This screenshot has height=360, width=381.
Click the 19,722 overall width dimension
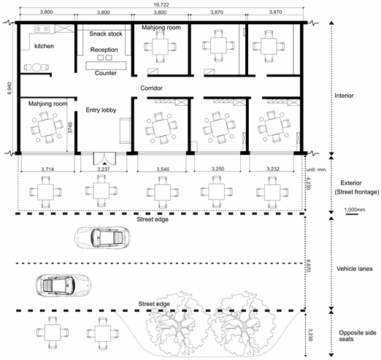tap(161, 4)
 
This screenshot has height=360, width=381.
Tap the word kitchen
tap(44, 46)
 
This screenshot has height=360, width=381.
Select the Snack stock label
tap(106, 34)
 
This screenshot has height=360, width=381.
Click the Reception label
tap(104, 50)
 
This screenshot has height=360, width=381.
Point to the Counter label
tap(106, 73)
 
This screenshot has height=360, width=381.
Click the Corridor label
tap(151, 88)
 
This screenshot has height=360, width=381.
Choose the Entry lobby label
tap(101, 110)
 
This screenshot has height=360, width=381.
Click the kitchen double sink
tap(42, 29)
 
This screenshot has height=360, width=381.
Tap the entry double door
tap(104, 158)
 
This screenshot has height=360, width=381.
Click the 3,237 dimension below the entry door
tap(104, 169)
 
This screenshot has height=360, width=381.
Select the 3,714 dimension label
tap(47, 169)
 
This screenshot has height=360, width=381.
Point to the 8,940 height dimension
tap(9, 88)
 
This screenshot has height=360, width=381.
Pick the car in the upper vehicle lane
tap(102, 238)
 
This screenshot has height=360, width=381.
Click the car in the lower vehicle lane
tap(64, 286)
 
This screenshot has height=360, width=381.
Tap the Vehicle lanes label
tap(355, 269)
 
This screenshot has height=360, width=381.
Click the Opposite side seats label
tap(358, 336)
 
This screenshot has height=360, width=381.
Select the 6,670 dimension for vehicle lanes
tap(308, 266)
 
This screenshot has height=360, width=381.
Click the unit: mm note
tap(316, 169)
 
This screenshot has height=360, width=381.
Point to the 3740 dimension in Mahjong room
tap(70, 127)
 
